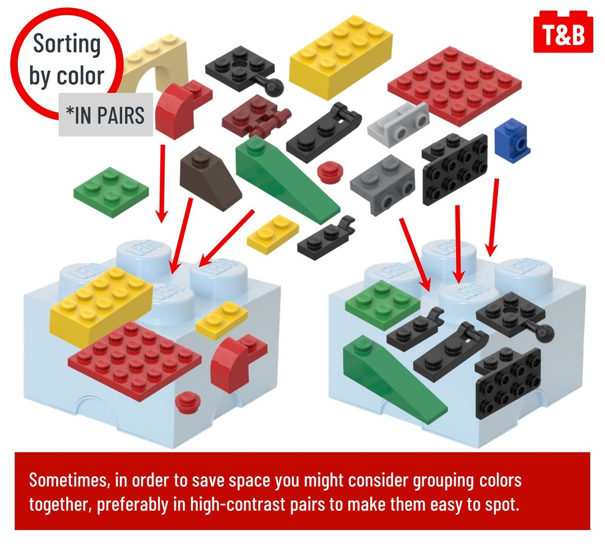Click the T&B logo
pos(562,33)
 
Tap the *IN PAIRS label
pos(105,115)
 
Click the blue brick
pos(511,140)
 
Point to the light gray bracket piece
pos(397,124)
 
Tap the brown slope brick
pos(209,177)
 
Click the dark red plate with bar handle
pos(255,116)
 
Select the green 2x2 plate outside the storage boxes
pos(111,191)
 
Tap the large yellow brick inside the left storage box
pos(101,306)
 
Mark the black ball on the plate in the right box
pos(546,333)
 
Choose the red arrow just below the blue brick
pos(493,218)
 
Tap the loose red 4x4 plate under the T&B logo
pos(454,86)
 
